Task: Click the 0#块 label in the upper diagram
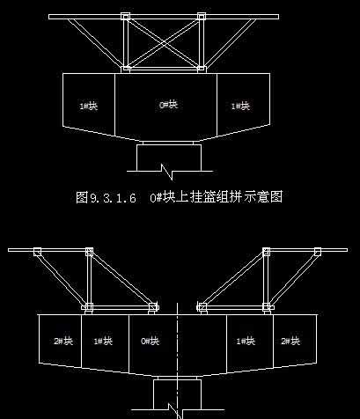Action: (169, 105)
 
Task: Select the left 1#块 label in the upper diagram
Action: (89, 106)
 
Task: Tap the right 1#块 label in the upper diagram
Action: (240, 106)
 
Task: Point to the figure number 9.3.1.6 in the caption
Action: (113, 198)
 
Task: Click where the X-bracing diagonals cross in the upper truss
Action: (164, 43)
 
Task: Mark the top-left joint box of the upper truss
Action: (125, 17)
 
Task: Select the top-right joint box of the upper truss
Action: (202, 17)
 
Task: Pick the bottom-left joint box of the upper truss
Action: (126, 70)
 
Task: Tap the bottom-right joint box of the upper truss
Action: (201, 70)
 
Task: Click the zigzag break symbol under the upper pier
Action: (166, 172)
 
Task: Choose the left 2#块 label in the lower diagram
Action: (63, 341)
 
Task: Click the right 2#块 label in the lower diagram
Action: (290, 341)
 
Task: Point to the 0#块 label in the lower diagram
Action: (151, 341)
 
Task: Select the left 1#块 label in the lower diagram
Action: (103, 341)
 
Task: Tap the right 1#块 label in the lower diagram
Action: (246, 341)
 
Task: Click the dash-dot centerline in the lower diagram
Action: (177, 361)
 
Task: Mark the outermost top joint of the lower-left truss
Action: (37, 252)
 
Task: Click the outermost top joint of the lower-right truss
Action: (318, 252)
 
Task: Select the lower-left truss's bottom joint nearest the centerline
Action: (153, 307)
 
